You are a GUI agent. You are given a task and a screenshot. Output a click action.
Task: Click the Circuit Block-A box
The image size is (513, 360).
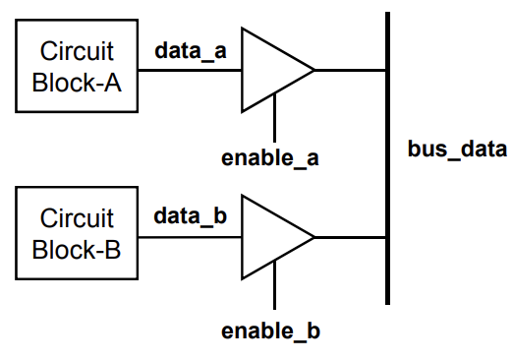[x=77, y=67]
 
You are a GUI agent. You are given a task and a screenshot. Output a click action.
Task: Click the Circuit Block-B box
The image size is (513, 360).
[x=77, y=234]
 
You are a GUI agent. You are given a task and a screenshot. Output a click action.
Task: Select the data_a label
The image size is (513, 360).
[x=191, y=50]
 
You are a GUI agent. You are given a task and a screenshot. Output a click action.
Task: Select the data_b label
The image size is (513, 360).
[x=191, y=216]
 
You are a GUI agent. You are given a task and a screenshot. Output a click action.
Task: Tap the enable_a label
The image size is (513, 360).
[x=271, y=157]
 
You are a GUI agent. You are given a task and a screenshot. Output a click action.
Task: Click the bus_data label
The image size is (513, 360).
[x=457, y=150]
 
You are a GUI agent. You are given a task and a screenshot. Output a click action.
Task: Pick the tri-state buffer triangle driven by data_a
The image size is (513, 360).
[x=269, y=70]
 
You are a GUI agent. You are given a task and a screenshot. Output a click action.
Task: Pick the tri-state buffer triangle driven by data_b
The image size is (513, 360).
[x=269, y=236]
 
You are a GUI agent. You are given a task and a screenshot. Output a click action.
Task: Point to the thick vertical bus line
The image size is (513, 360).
[x=388, y=157]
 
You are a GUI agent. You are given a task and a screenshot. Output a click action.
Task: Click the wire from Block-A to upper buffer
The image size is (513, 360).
[x=189, y=70]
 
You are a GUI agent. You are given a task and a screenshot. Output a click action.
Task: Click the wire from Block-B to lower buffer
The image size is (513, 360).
[x=189, y=236]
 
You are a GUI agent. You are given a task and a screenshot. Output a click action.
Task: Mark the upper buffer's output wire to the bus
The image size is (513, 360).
[x=350, y=70]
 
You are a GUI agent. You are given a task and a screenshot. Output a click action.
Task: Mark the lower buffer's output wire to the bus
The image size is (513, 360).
[x=350, y=236]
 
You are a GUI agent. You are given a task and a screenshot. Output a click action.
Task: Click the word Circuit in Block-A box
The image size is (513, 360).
[x=77, y=51]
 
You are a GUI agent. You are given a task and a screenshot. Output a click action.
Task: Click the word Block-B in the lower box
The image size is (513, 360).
[x=77, y=250]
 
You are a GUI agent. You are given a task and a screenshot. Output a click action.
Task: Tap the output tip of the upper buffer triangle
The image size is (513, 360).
[x=313, y=70]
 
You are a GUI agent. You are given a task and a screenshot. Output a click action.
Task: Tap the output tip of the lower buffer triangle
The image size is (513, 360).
[x=313, y=236]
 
